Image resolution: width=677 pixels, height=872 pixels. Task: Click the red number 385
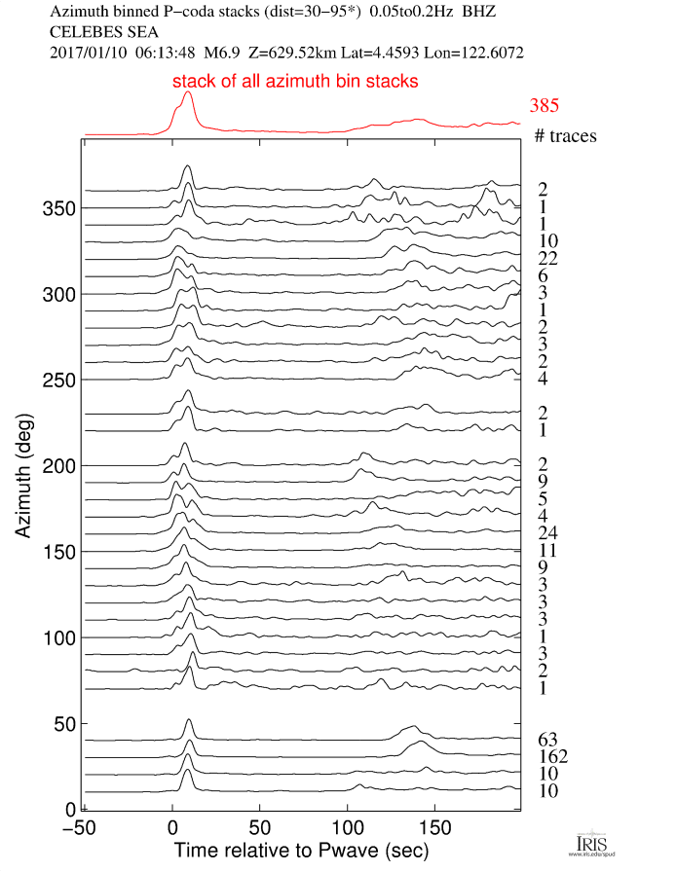[545, 106]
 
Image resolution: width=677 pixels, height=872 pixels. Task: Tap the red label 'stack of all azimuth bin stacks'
[295, 82]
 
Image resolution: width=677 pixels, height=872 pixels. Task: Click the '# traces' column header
[565, 135]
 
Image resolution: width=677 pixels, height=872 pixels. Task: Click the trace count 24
[547, 532]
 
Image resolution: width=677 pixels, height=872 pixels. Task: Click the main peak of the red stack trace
[187, 93]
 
